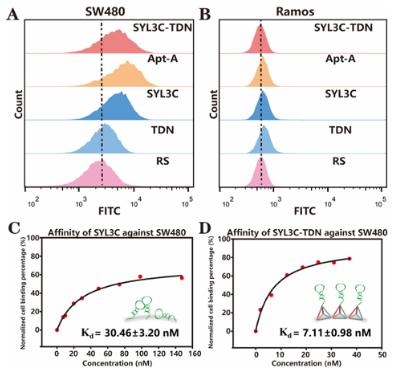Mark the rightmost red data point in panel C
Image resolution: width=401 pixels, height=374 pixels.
pyautogui.click(x=181, y=277)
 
